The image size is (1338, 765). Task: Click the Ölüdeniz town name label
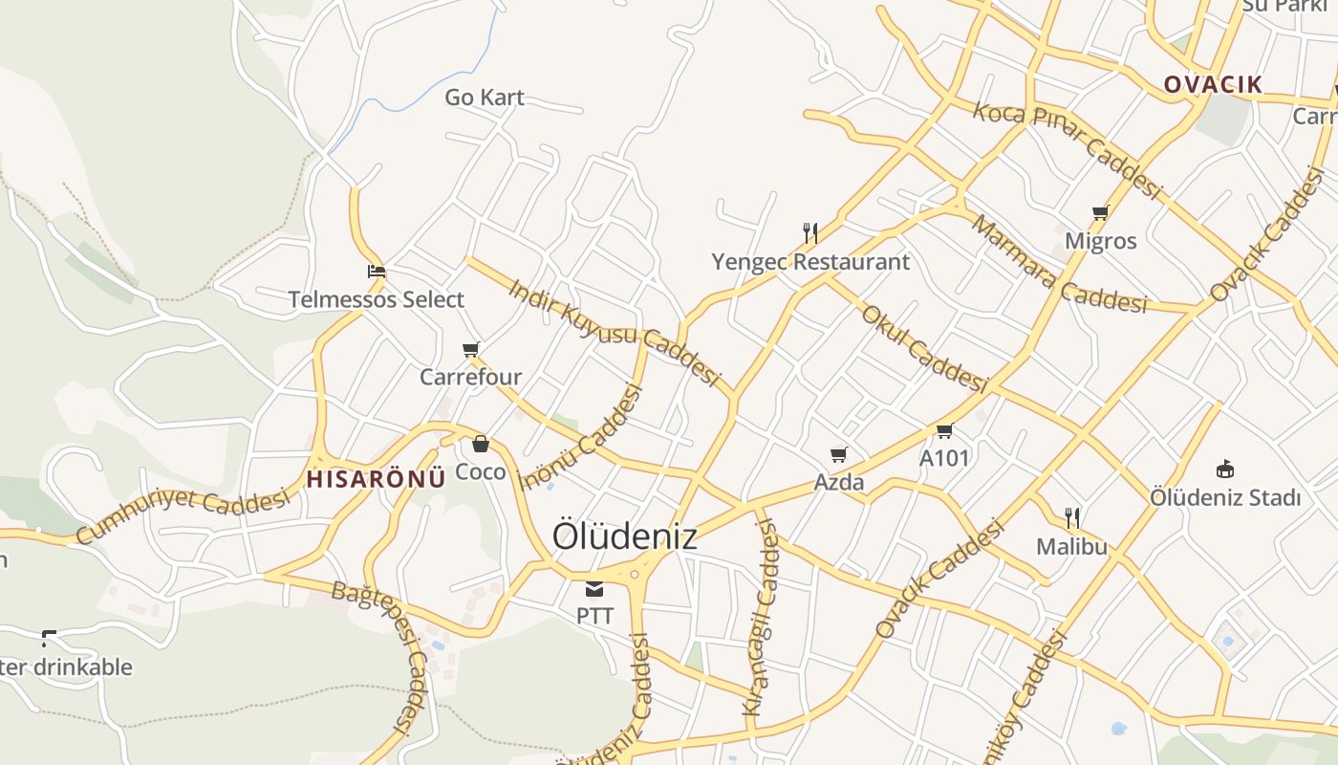[624, 536]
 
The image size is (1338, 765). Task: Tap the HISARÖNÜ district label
[377, 479]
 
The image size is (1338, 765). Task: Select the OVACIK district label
[1213, 84]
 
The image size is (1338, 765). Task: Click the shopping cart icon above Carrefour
[470, 349]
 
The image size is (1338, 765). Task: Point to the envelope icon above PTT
[594, 588]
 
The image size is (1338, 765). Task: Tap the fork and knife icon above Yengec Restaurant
[810, 232]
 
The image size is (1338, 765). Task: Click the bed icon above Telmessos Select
[377, 272]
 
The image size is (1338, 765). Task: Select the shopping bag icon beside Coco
[481, 444]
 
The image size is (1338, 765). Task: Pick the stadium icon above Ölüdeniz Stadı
[1225, 469]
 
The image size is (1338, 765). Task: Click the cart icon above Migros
[1100, 212]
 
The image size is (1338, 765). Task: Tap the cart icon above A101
[944, 430]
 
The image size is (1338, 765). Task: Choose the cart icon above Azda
[838, 454]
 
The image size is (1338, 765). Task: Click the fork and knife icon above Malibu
[1072, 518]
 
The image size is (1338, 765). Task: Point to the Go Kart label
[485, 98]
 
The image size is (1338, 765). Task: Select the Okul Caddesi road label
[923, 349]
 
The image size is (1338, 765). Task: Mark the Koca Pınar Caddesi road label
[1066, 150]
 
